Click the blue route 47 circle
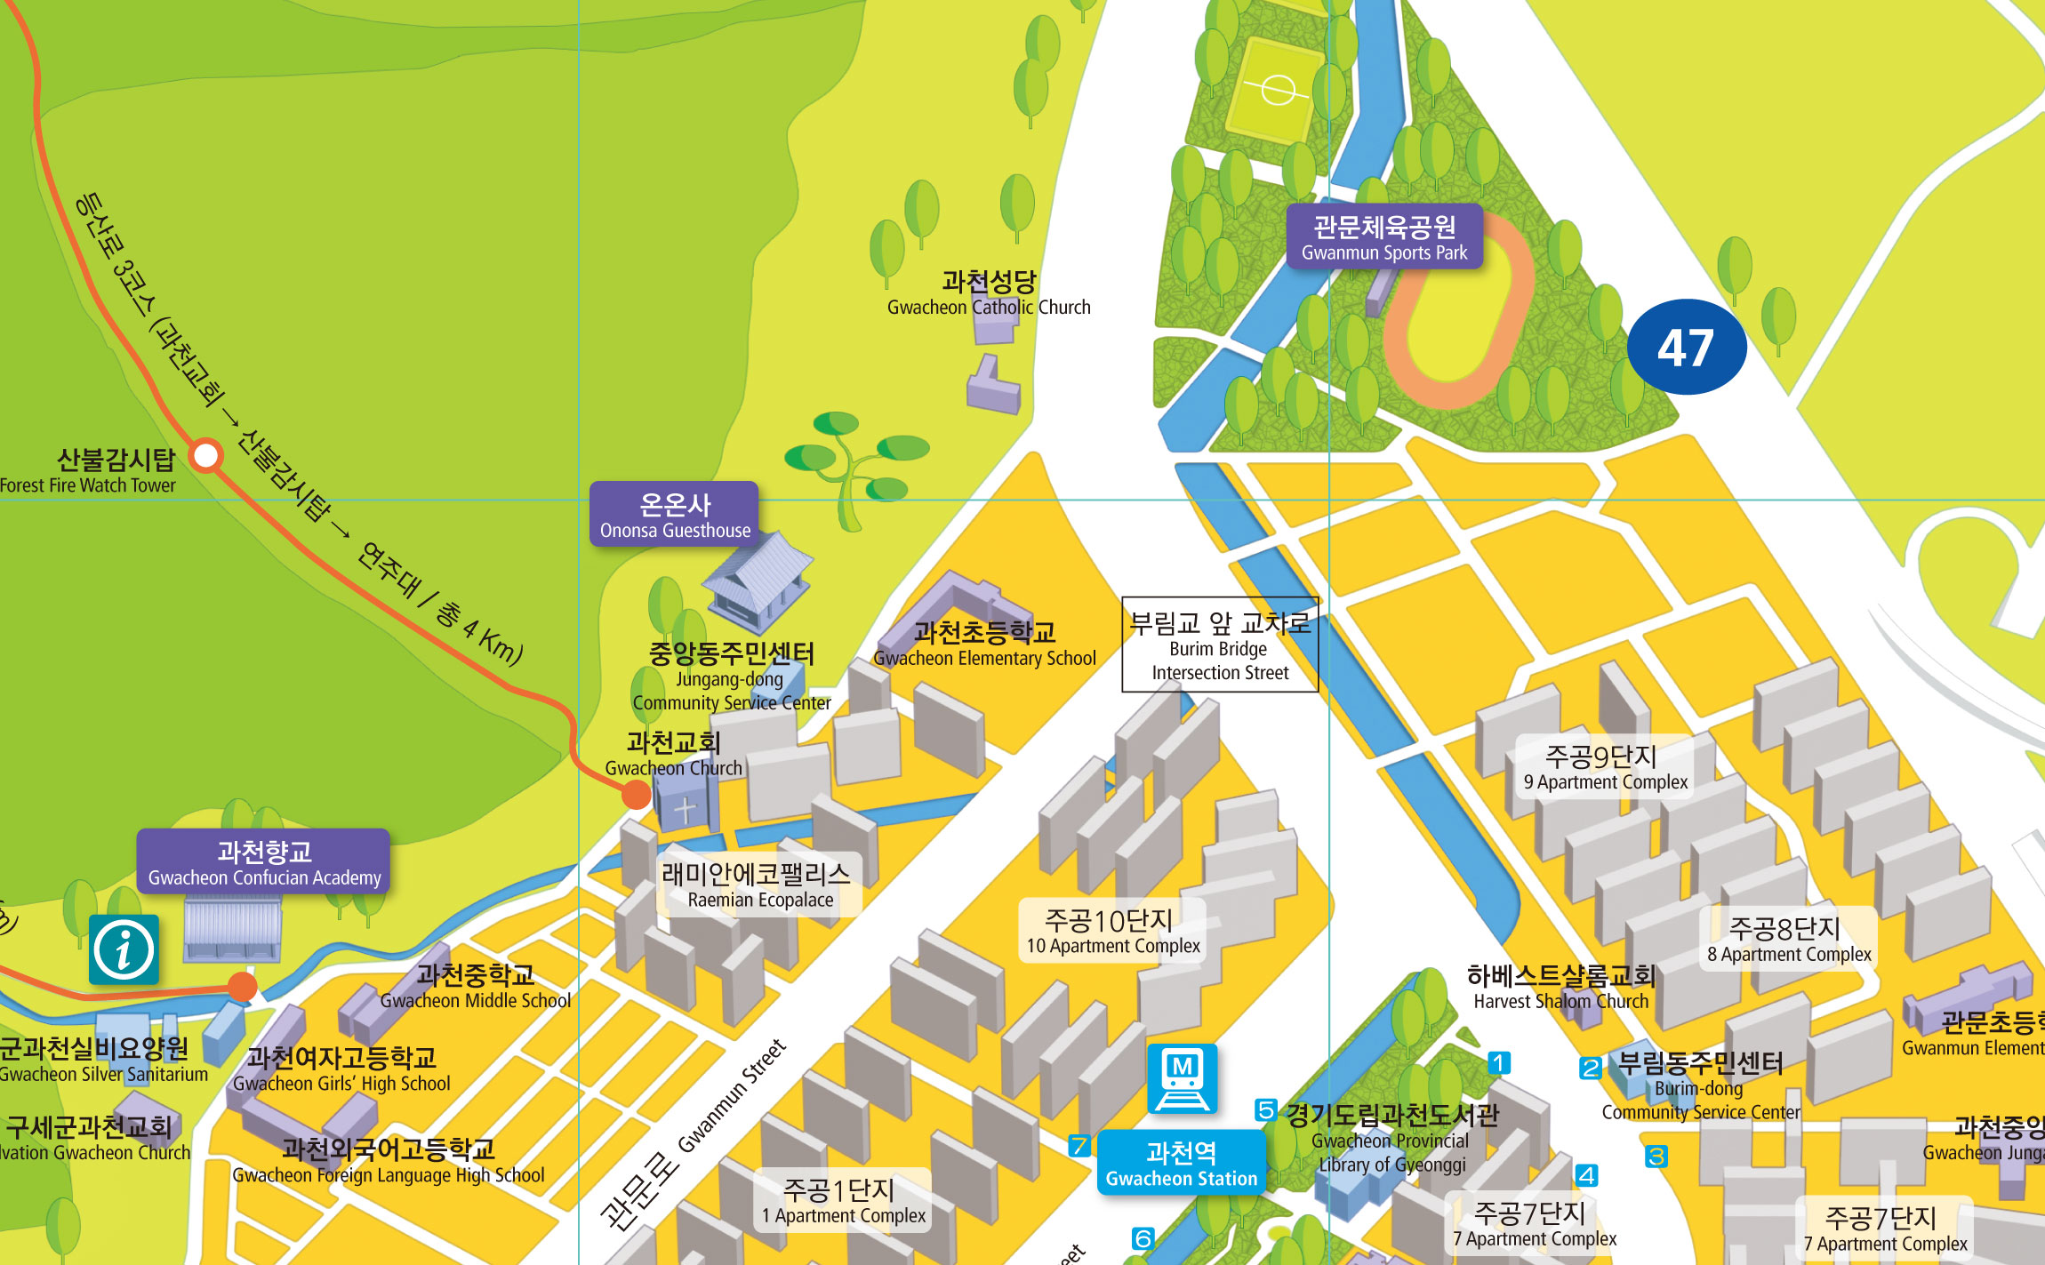pos(1686,347)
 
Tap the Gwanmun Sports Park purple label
pos(1384,237)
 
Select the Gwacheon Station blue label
pos(1181,1164)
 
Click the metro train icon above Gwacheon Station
pos(1182,1078)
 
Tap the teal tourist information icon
pos(124,949)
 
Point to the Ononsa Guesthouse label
pos(674,515)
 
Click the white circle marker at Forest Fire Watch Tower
pos(206,456)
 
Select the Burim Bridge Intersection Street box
pos(1219,645)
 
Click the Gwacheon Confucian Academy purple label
pos(263,862)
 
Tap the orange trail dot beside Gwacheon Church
pos(636,794)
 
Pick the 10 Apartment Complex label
pos(1111,931)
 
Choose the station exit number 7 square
pos(1079,1146)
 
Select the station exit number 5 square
pos(1265,1109)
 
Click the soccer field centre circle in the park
pos(1278,90)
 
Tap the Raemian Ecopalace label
pos(758,885)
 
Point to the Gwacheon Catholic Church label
pos(988,293)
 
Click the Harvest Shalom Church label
pos(1560,988)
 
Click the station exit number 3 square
pos(1656,1157)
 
